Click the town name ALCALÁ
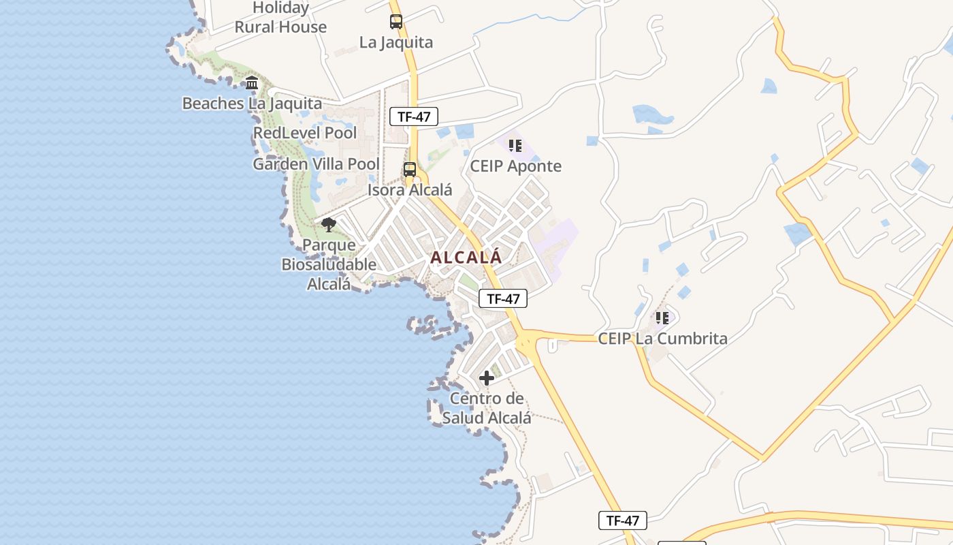click(466, 258)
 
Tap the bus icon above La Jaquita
click(396, 22)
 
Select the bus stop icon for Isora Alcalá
click(410, 170)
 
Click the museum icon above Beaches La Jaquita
click(252, 83)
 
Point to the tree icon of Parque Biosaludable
click(329, 225)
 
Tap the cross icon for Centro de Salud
click(486, 378)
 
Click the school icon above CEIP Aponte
click(515, 146)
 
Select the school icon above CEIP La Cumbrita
click(662, 317)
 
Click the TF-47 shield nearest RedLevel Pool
click(414, 116)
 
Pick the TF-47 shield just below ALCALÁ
click(503, 298)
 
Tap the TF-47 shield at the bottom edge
click(622, 520)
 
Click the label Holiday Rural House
click(280, 18)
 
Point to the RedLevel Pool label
click(305, 133)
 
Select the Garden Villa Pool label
click(316, 164)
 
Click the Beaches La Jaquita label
click(252, 104)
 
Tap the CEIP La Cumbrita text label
click(662, 338)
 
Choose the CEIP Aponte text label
click(516, 166)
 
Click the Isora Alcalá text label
click(410, 190)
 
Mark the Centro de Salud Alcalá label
click(486, 408)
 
